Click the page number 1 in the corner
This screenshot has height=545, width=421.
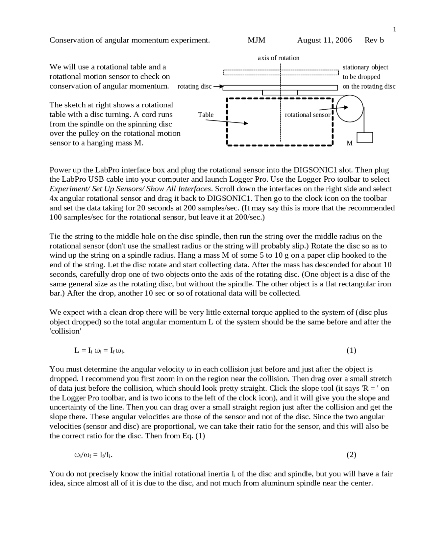point(395,29)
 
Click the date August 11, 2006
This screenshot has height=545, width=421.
point(324,40)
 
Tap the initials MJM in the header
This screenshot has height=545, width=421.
point(256,40)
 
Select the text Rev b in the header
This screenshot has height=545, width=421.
point(374,40)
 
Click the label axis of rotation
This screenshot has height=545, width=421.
point(278,58)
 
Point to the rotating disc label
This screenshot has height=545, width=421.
point(194,86)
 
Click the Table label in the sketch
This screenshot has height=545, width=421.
point(206,115)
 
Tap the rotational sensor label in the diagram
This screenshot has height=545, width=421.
point(307,115)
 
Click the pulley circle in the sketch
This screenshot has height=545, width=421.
point(350,108)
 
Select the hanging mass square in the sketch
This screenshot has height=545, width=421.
point(365,138)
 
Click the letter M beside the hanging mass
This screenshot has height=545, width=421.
point(350,143)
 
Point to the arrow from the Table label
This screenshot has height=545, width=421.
point(227,122)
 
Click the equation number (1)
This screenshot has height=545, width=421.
point(351,350)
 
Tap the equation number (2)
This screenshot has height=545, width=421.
point(351,455)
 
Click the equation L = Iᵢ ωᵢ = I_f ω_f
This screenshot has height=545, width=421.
point(99,350)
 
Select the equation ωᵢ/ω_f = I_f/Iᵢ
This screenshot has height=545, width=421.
point(94,455)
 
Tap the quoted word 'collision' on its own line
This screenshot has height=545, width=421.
point(65,331)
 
